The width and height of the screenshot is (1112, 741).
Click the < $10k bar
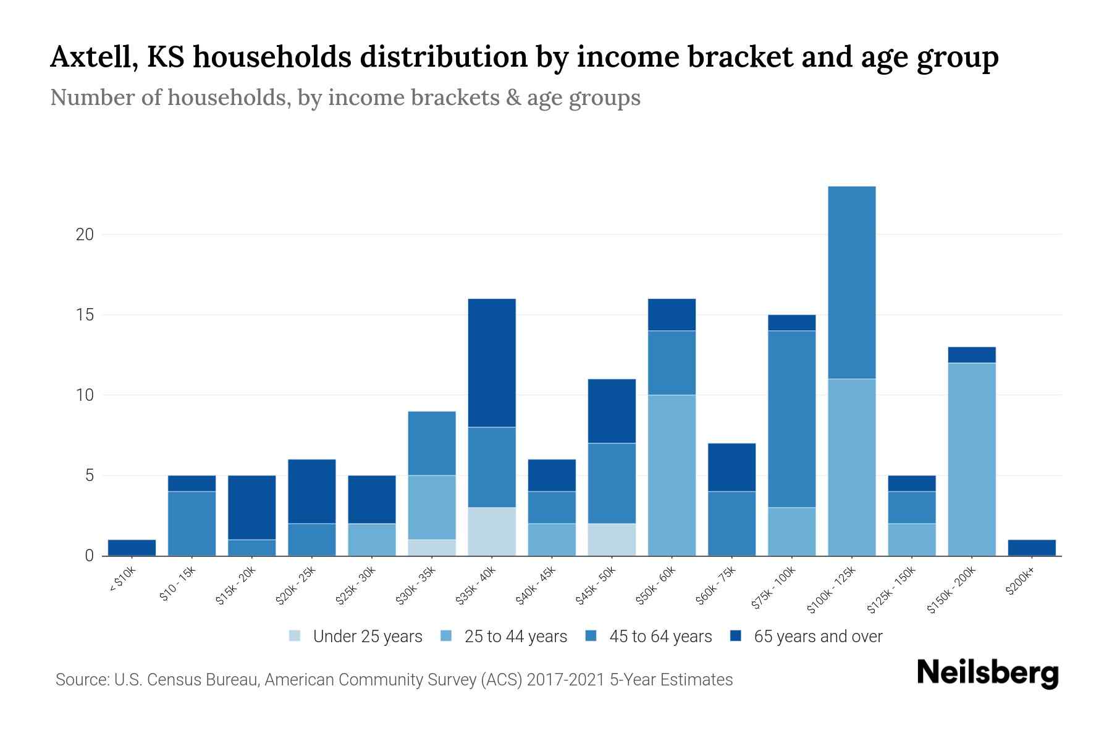click(132, 548)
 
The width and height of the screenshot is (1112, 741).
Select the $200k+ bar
click(1031, 548)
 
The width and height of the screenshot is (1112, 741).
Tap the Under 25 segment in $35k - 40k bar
click(492, 532)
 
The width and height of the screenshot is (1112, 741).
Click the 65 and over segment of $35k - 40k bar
click(492, 363)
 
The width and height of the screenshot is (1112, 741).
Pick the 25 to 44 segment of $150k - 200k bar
click(971, 459)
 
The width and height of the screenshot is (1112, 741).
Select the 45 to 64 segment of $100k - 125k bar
click(851, 283)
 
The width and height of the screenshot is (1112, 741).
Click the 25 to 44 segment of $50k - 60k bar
click(672, 475)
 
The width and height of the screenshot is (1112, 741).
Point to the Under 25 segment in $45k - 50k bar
click(612, 540)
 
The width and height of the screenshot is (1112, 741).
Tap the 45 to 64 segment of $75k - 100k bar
click(791, 419)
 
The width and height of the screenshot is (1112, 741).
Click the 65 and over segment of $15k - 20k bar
click(251, 508)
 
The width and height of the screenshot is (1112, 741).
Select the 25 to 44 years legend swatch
click(447, 636)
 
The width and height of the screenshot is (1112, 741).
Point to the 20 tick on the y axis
click(85, 235)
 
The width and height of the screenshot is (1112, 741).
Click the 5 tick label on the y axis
click(89, 475)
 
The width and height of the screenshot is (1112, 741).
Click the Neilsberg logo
click(987, 673)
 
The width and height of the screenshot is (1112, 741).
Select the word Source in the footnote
click(81, 680)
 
